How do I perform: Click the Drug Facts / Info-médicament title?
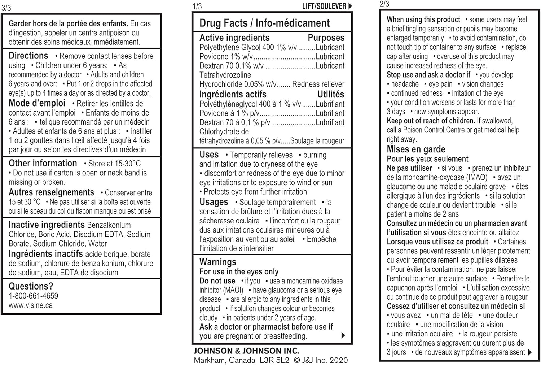click(264, 23)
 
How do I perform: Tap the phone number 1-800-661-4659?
click(33, 296)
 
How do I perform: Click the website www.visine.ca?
click(31, 305)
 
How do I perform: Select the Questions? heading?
click(31, 286)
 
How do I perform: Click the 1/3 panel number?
click(197, 6)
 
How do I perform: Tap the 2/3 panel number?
click(384, 4)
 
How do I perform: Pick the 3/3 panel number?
click(6, 8)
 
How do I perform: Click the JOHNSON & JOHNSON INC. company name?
click(246, 351)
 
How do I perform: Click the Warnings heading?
click(217, 262)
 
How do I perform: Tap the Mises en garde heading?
click(416, 149)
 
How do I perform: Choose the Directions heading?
click(28, 56)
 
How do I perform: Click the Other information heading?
click(43, 163)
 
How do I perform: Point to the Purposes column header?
click(326, 38)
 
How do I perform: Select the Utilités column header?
click(331, 95)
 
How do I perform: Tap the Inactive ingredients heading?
click(47, 225)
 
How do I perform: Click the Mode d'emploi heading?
click(37, 103)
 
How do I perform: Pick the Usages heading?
click(214, 202)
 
